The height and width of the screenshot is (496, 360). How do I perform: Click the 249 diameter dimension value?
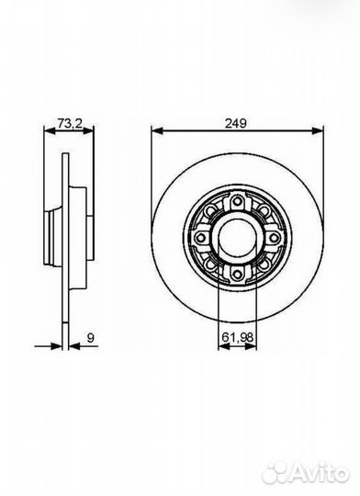pos(235,123)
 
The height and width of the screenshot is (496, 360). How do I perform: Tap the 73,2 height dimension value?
pos(70,123)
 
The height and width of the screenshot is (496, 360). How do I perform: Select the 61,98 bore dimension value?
pos(237,337)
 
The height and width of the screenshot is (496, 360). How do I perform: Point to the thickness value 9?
pos(91,338)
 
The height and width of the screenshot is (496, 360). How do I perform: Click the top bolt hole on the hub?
pos(237,200)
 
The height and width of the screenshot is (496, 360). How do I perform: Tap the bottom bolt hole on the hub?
pos(237,274)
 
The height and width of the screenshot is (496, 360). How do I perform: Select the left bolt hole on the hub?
pos(200,237)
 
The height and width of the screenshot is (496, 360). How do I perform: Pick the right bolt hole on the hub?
pos(274,237)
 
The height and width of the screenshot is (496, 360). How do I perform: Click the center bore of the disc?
pos(237,237)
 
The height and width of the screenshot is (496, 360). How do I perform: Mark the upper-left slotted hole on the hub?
pos(211,211)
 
